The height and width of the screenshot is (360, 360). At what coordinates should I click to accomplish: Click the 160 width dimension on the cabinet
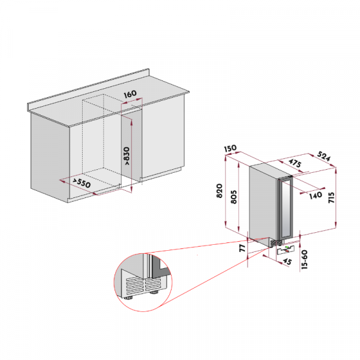click(x=130, y=94)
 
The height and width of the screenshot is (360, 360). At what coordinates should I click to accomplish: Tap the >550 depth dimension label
click(x=82, y=183)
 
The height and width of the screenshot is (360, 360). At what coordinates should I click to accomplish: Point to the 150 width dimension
click(x=230, y=148)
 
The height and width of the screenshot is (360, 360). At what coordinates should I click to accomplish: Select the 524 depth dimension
click(x=324, y=157)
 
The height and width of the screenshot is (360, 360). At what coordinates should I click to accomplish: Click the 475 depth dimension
click(x=294, y=164)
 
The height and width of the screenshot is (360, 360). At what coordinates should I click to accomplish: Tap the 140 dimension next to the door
click(x=316, y=195)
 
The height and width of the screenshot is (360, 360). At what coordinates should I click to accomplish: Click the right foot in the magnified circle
click(x=155, y=293)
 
